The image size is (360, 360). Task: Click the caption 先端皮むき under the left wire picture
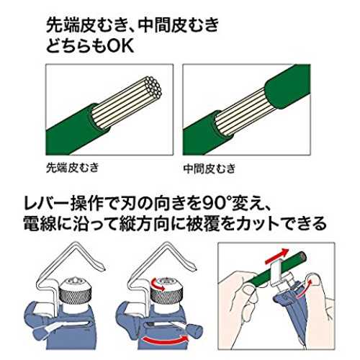[x=73, y=168]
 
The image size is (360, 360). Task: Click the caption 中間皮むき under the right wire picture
[x=210, y=168]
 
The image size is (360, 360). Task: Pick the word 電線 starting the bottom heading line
[x=39, y=224]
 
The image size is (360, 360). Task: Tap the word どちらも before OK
[x=76, y=45]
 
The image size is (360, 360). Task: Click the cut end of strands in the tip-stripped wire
[x=154, y=88]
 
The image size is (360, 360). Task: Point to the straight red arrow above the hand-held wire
[x=276, y=256]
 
